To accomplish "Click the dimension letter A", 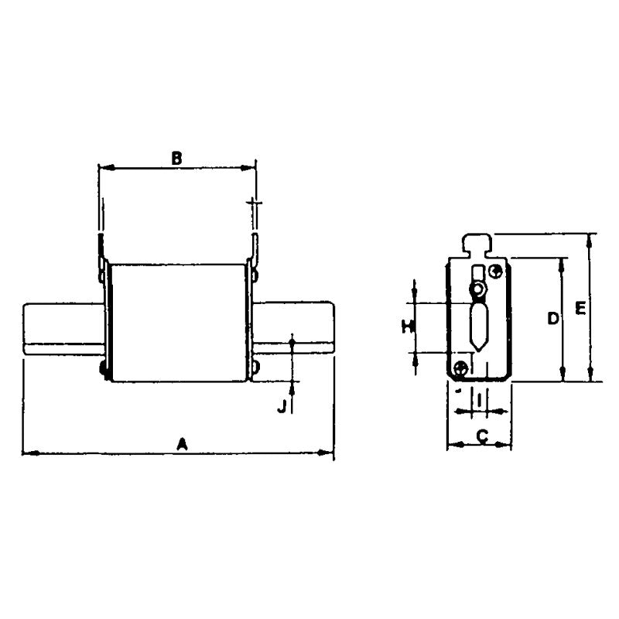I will [183, 443].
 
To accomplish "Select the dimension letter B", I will [176, 158].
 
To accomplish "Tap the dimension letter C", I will [480, 437].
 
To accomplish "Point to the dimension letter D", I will [552, 318].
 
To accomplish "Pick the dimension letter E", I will [580, 309].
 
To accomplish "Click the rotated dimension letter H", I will [405, 326].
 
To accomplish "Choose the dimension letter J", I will [282, 405].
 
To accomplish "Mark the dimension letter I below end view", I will [480, 400].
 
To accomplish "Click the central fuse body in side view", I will [178, 321].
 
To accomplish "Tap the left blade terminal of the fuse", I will [62, 330].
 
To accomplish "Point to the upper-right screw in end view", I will [497, 271].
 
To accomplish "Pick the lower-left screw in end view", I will [462, 368].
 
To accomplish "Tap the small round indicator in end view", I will [479, 291].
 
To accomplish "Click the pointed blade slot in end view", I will [479, 325].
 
